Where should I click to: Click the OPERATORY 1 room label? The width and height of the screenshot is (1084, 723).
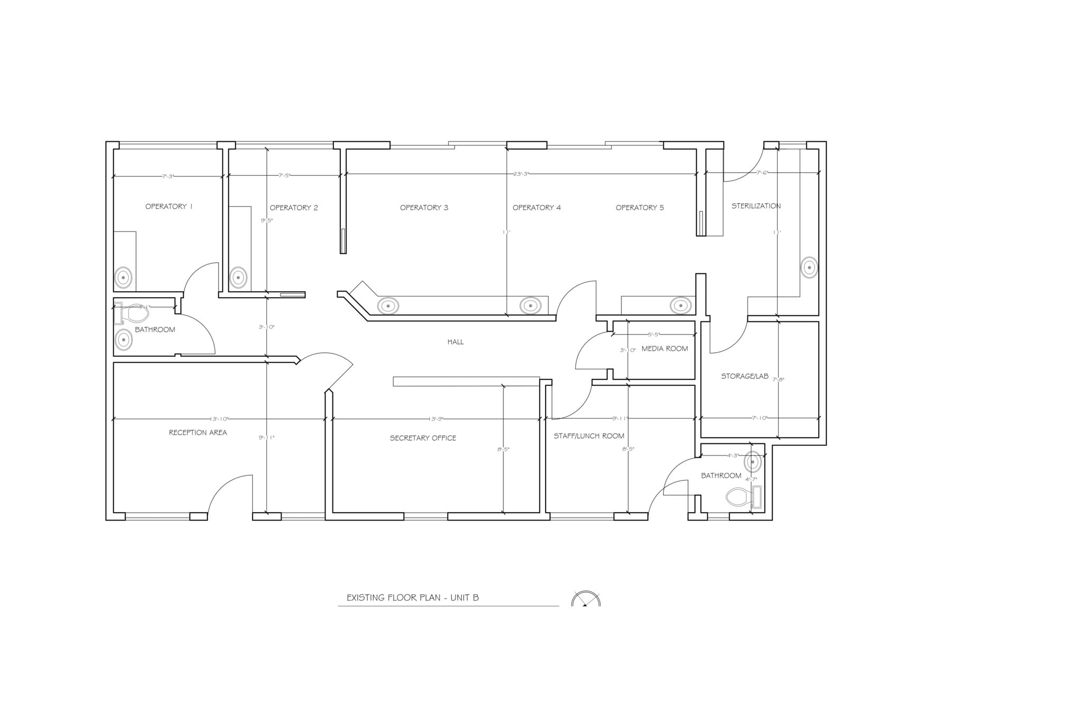(169, 207)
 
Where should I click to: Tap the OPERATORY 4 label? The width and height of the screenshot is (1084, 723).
(536, 208)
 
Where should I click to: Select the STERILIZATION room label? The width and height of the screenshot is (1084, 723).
(756, 206)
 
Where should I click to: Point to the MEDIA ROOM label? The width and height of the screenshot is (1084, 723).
(664, 349)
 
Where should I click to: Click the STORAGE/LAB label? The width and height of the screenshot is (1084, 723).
(744, 376)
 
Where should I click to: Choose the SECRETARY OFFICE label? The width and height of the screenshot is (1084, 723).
(422, 438)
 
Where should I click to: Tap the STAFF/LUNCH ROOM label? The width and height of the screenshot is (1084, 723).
(589, 436)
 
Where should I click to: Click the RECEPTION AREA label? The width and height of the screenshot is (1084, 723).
(197, 433)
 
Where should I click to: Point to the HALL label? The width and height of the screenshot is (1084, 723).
(455, 342)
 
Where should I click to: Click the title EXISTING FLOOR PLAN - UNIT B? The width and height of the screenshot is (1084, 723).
(412, 598)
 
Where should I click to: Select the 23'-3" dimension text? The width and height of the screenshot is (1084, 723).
(521, 174)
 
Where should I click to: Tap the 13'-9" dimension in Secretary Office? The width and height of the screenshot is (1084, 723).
(436, 419)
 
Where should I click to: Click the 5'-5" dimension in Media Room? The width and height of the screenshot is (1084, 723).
(654, 335)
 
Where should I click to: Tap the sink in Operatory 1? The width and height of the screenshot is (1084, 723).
(123, 277)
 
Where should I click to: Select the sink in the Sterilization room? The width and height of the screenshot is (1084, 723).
(809, 267)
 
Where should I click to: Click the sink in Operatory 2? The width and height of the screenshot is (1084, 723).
(238, 277)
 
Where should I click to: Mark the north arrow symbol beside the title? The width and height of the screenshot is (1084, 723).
(585, 600)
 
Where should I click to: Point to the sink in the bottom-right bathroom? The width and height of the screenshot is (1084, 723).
(752, 462)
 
